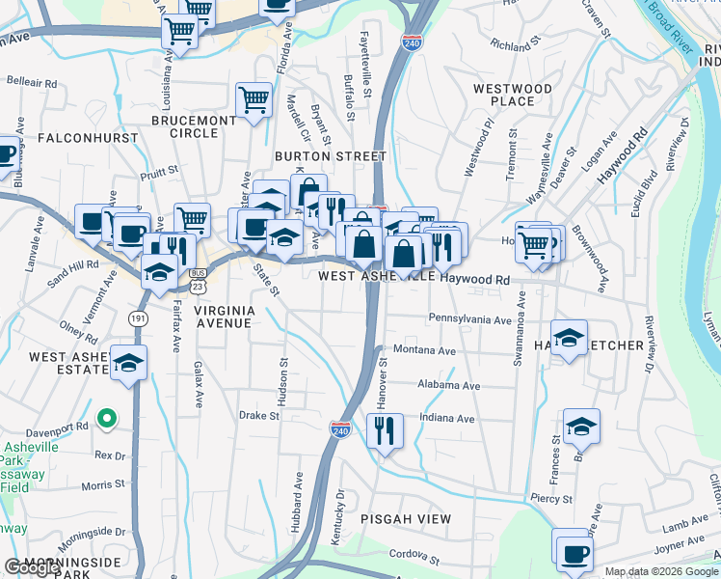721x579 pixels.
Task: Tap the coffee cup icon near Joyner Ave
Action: (574, 554)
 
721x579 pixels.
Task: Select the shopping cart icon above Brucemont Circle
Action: (253, 98)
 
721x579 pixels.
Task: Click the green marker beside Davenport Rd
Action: (107, 420)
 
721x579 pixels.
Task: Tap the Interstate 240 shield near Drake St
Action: (340, 430)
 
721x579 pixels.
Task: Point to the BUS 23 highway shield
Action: (199, 280)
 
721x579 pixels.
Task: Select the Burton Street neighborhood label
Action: (330, 155)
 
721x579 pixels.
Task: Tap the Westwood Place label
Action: (512, 95)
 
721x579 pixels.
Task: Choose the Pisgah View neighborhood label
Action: (405, 519)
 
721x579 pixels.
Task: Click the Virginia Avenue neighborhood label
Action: (223, 317)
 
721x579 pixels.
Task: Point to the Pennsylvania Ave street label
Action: (469, 318)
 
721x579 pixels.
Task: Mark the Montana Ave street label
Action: (423, 351)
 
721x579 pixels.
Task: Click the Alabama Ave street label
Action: (448, 385)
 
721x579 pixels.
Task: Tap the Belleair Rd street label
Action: (33, 84)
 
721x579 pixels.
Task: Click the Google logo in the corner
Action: (32, 567)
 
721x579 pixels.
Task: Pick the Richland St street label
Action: (511, 45)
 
